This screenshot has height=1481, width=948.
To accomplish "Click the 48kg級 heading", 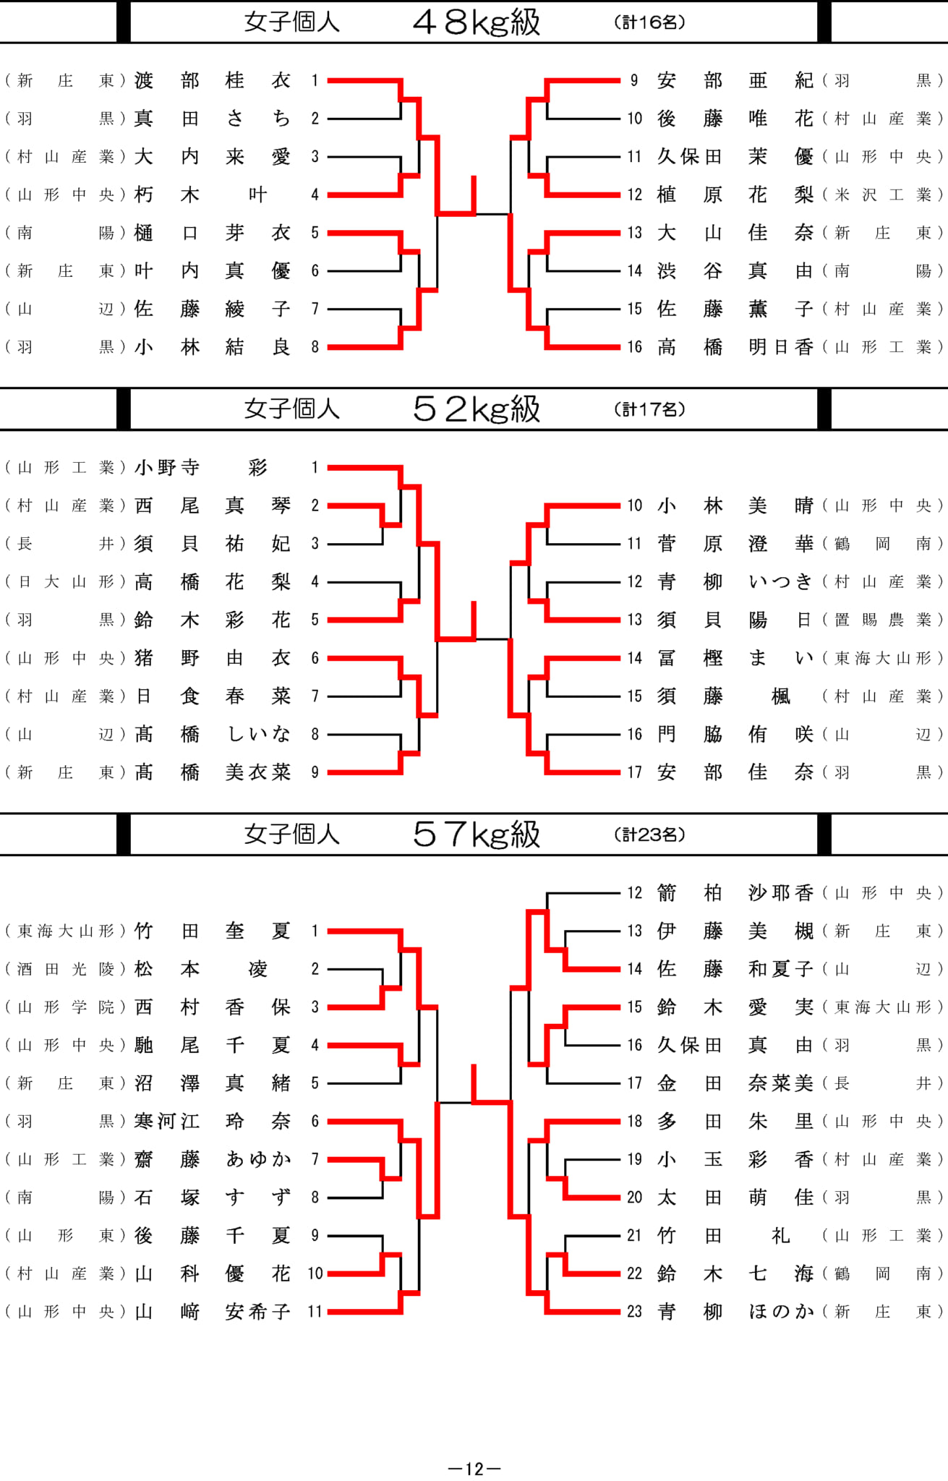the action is [477, 22].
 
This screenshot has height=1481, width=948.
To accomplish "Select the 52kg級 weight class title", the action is [477, 409].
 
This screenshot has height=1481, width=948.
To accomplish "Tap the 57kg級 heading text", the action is [477, 835].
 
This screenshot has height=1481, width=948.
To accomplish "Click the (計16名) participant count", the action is [649, 22].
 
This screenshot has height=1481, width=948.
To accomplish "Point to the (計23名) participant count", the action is [649, 835].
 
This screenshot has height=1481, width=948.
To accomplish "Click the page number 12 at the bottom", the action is [474, 1469].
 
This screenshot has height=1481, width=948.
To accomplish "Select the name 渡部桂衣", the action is [213, 80].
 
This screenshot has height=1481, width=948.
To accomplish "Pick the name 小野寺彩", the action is [202, 468].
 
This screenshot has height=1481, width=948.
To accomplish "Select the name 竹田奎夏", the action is [213, 931].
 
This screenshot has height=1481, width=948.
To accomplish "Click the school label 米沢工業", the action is [883, 195].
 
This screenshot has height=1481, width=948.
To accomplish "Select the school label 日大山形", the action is [66, 582].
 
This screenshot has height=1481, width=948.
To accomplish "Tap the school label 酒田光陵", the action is [66, 970].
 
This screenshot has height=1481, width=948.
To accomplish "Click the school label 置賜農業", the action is [883, 620].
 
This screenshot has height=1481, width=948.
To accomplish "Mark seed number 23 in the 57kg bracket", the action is [634, 1312].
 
